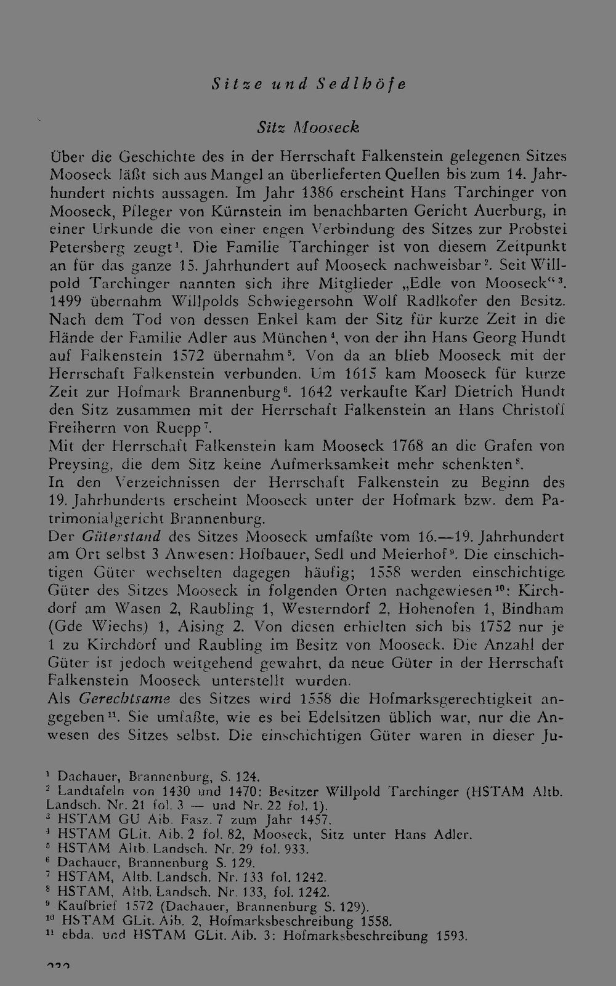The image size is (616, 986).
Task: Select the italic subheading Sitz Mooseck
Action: coord(308,127)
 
